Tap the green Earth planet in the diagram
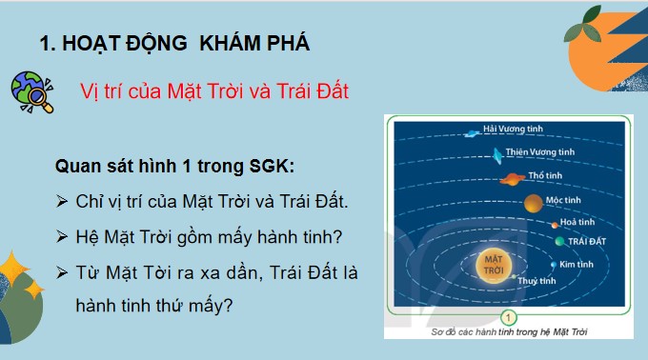click(x=559, y=242)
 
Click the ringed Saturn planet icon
click(x=510, y=178)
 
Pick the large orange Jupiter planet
click(x=532, y=202)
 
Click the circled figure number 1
click(x=510, y=317)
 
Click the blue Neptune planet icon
click(x=469, y=133)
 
